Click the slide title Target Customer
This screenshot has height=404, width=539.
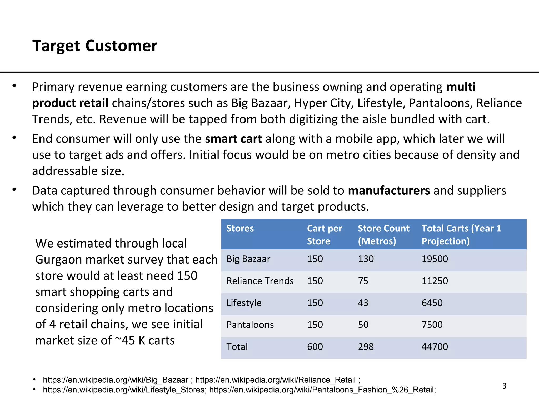[95, 46]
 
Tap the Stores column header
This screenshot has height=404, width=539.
[240, 228]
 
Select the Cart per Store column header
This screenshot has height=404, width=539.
[324, 235]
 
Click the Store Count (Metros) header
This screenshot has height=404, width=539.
[383, 235]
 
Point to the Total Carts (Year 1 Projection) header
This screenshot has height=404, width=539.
[461, 235]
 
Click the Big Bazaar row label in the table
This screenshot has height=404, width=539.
[248, 259]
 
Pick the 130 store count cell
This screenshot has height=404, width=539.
[366, 259]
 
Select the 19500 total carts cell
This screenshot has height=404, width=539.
[435, 259]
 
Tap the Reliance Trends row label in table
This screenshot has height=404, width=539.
[260, 281]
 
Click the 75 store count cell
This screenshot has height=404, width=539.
[363, 281]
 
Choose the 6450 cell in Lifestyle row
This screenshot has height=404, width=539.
[432, 303]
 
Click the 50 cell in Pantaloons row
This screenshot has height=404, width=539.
[363, 325]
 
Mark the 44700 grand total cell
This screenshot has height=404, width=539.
[435, 347]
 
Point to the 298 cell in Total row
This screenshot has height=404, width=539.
[366, 347]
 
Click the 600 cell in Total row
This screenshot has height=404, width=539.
[315, 347]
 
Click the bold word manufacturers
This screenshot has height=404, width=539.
[389, 190]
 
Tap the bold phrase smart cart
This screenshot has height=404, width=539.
[233, 139]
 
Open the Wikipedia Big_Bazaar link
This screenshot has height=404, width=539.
[116, 380]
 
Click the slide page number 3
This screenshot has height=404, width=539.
[504, 386]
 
